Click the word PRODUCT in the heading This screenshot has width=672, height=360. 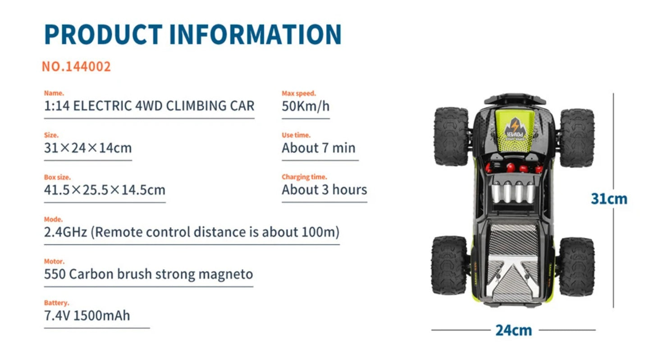point(104,34)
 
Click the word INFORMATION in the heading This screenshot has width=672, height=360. point(256,34)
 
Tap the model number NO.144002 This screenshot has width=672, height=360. point(76,67)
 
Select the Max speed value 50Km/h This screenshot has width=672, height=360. point(306,106)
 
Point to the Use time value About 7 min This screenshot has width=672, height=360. point(318,148)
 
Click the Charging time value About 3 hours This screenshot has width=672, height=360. point(325,190)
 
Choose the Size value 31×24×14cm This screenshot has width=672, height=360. point(88,148)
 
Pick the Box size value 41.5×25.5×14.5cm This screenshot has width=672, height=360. point(105,190)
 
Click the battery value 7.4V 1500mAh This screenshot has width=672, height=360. point(87,315)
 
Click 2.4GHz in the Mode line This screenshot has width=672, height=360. point(65,232)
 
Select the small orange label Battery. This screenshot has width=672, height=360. point(56,303)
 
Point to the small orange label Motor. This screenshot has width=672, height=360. point(54,261)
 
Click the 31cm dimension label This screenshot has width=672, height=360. point(609,199)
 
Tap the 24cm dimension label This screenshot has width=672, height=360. point(514,330)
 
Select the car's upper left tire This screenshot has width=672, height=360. point(451,137)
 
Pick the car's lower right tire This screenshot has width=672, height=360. point(577,266)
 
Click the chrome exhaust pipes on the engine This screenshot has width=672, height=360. point(513,192)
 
